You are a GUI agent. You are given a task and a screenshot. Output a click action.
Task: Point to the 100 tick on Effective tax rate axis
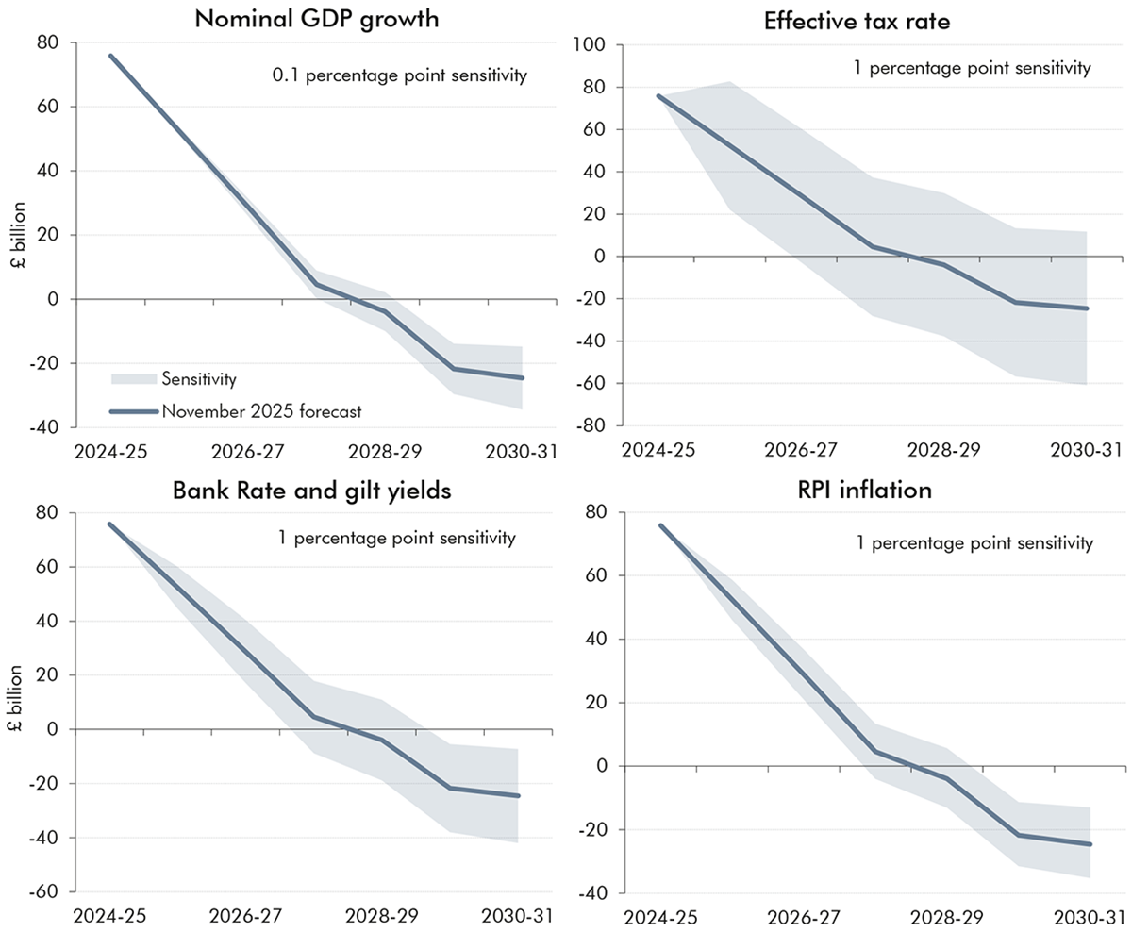[x=595, y=45]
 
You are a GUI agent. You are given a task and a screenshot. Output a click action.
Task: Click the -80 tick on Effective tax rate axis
[x=595, y=425]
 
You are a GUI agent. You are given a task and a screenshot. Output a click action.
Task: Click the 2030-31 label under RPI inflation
[x=1086, y=917]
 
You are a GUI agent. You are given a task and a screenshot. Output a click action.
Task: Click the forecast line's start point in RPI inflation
[x=658, y=525]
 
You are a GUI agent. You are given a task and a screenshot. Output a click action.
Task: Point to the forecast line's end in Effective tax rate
[x=1087, y=308]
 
